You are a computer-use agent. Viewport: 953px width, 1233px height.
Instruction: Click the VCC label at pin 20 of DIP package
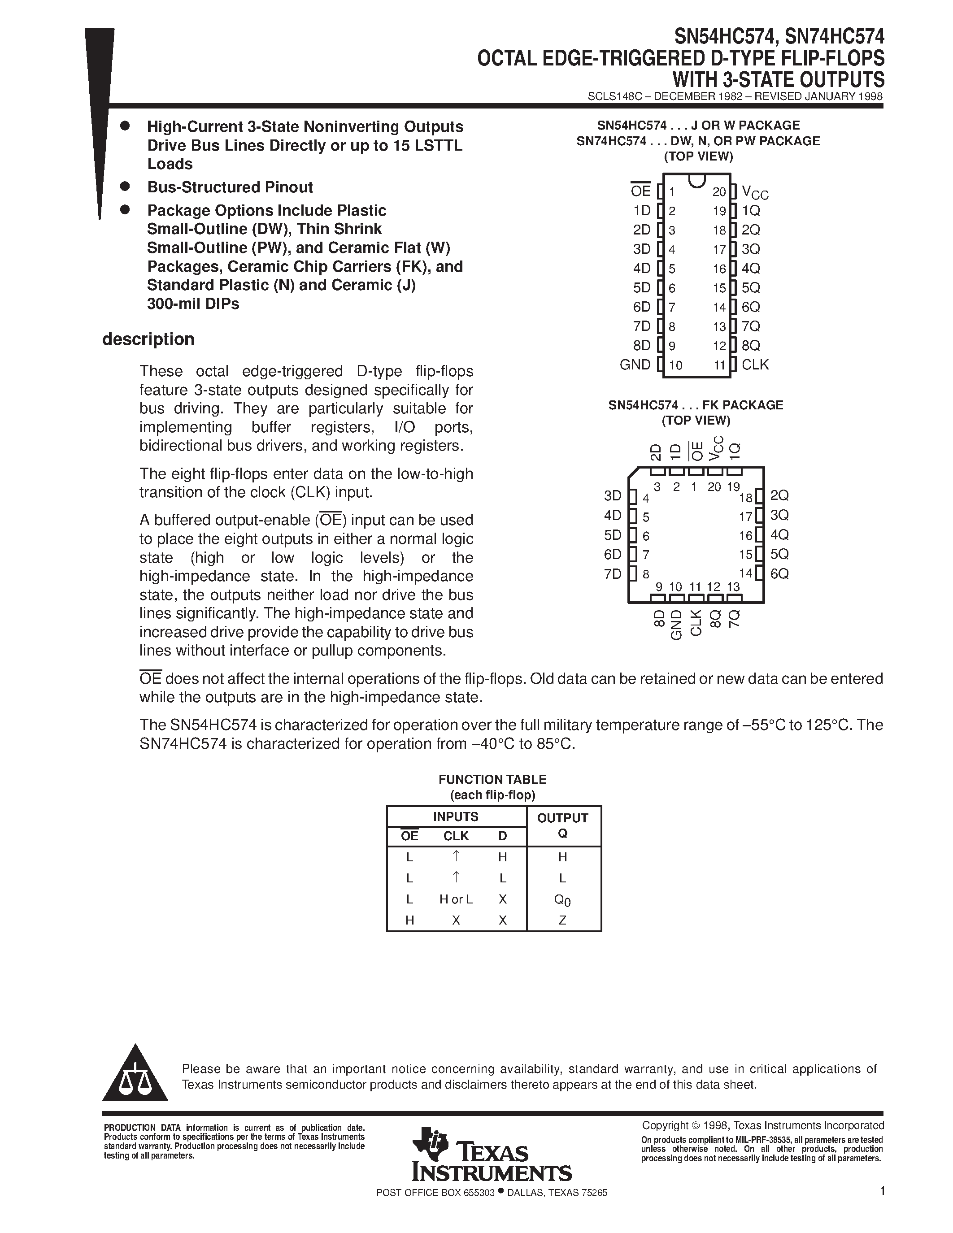coord(755,193)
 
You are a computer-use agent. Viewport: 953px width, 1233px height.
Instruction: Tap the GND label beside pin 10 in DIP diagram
coord(635,365)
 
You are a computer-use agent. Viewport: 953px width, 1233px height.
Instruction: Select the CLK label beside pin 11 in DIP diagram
coord(755,365)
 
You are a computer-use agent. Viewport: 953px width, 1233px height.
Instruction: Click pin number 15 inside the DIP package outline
coord(719,288)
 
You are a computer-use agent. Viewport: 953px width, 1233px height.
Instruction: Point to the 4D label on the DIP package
coord(642,269)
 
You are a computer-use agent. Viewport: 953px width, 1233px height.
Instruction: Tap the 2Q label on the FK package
coord(779,496)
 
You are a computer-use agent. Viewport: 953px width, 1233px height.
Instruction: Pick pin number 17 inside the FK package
coord(746,517)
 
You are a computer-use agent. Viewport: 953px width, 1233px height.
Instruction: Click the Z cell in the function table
coord(562,920)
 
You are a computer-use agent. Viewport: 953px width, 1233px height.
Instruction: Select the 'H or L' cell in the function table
coord(456,899)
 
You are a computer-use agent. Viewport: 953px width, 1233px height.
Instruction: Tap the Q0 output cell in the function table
coord(562,900)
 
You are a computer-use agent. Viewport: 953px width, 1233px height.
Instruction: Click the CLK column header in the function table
coord(456,836)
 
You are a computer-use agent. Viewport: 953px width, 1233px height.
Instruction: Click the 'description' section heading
coord(148,339)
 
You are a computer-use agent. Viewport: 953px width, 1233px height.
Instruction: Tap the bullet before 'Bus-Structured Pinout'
coord(125,187)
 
